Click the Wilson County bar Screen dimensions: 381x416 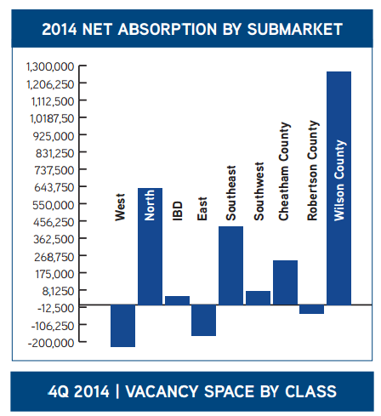338,188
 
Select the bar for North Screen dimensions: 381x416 150,247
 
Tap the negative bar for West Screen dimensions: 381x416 122,326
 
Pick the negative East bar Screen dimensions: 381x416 203,321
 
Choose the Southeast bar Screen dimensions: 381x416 230,265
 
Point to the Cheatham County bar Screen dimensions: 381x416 285,282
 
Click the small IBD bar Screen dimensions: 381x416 177,300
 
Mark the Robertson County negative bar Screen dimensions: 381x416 311,310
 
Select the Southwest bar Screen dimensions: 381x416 258,298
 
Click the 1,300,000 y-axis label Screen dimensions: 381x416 50,67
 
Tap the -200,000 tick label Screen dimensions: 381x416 51,343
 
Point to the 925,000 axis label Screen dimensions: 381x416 54,136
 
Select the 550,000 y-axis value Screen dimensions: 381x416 54,205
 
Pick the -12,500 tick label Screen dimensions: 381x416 56,308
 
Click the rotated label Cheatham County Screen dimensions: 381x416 284,171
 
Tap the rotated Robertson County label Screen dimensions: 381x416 313,170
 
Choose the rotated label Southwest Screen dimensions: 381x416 259,191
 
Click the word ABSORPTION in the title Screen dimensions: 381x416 168,29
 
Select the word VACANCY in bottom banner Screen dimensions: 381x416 162,391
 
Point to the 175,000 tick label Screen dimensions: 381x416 54,274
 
